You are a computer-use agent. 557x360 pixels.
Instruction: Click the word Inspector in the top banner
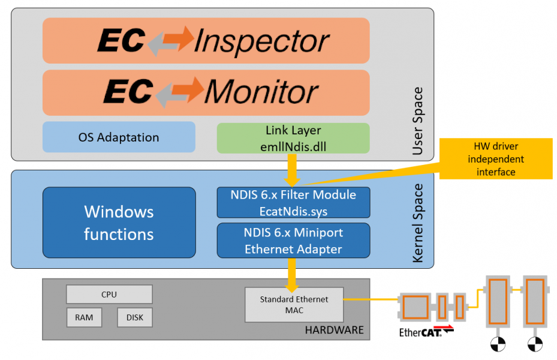261,41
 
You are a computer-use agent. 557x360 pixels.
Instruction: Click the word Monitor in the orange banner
261,92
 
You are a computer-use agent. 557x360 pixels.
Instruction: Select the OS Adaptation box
119,137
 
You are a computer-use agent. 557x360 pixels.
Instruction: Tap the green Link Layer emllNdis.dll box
293,137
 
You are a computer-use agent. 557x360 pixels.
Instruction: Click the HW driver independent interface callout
495,159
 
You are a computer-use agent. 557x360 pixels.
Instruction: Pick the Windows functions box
119,222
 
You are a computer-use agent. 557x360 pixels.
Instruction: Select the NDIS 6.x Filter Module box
293,202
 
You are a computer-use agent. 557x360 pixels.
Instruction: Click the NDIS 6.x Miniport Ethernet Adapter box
293,240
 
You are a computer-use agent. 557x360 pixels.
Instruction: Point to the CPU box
109,294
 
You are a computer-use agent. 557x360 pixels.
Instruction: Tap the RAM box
84,317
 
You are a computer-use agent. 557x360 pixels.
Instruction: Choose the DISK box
135,317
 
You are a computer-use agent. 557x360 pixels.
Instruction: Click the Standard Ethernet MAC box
294,304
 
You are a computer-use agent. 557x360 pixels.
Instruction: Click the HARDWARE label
334,330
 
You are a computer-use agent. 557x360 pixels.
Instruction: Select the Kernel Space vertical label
417,223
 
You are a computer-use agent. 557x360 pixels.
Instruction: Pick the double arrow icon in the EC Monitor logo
179,92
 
